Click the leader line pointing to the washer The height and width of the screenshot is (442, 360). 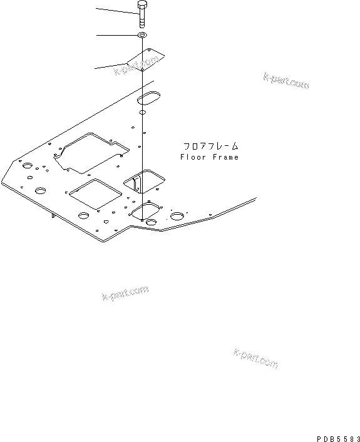pyautogui.click(x=116, y=36)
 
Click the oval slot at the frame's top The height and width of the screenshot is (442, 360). pyautogui.click(x=151, y=98)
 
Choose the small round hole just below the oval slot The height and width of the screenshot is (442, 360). pyautogui.click(x=142, y=113)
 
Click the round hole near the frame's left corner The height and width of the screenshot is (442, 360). pyautogui.click(x=27, y=167)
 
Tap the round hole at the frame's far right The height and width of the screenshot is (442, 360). pyautogui.click(x=178, y=215)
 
